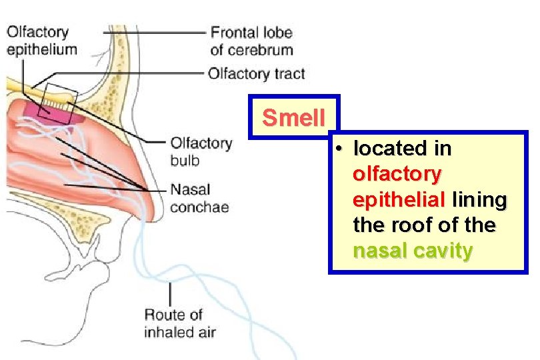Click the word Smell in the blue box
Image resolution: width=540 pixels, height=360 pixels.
[293, 118]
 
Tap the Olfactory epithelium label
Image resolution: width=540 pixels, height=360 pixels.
[41, 40]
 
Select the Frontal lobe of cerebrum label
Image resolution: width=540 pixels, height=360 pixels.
[251, 40]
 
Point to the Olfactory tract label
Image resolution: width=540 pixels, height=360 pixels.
[256, 73]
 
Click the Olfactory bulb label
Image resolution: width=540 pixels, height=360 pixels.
[201, 151]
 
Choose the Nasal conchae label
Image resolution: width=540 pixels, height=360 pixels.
[199, 198]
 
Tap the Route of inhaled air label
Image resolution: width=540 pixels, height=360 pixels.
[179, 323]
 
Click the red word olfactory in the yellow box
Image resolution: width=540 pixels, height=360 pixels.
[397, 174]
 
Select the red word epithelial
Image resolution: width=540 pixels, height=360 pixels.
[399, 199]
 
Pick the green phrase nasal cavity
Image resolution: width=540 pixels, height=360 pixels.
[413, 251]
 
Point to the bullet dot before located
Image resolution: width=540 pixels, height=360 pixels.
[339, 149]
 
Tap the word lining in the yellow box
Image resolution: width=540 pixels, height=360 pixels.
[479, 199]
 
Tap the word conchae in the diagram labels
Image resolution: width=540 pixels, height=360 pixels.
[199, 207]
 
